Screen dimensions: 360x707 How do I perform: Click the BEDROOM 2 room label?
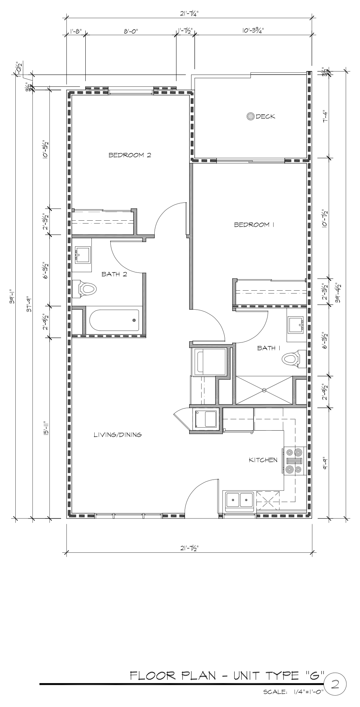pos(130,155)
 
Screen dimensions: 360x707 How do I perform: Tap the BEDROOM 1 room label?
pos(254,225)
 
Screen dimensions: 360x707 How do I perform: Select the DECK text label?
pos(265,116)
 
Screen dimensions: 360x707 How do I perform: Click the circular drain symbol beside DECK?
pos(251,116)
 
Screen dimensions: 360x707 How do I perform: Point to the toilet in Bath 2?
pos(84,289)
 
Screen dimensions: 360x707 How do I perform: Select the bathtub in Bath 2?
pos(113,320)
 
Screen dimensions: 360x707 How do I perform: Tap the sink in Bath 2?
pos(82,254)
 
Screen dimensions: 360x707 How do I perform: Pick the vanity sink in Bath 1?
pos(296,324)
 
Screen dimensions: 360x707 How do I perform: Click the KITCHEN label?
pos(263,460)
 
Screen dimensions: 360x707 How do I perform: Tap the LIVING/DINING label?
pos(117,435)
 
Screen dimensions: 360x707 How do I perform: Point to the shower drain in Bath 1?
pos(264,390)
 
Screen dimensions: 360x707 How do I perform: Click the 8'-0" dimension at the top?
pos(131,31)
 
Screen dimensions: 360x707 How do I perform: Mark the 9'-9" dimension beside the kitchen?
pos(326,463)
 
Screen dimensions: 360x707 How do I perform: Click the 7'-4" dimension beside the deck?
pos(325,116)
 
